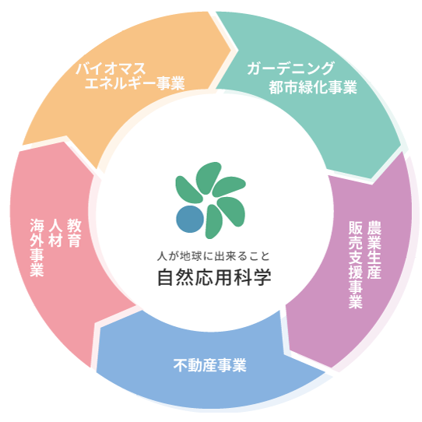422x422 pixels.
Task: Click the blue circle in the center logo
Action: [190, 219]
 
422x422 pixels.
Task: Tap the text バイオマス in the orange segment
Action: [111, 69]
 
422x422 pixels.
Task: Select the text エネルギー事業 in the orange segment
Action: [135, 83]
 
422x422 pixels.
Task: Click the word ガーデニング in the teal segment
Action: [290, 69]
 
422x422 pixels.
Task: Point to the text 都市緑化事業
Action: [313, 87]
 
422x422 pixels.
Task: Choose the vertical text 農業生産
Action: [375, 250]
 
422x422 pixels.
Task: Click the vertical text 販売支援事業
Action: [356, 265]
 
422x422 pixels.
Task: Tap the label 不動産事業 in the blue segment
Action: [210, 365]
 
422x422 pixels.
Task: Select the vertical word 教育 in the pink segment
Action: [74, 233]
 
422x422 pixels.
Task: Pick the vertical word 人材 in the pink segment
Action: [55, 233]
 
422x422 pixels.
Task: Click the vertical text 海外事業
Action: [37, 248]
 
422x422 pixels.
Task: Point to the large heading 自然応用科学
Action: [214, 277]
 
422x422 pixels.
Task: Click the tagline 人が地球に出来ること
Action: [213, 256]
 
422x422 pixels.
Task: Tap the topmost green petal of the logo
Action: [208, 177]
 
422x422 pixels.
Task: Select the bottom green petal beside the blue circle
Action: [213, 222]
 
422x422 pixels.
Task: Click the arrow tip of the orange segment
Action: [231, 50]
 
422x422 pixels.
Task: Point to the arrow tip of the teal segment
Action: [371, 178]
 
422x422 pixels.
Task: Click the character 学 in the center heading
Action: [262, 277]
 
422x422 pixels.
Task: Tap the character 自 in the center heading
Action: [166, 277]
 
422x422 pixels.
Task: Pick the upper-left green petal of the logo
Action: [188, 189]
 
